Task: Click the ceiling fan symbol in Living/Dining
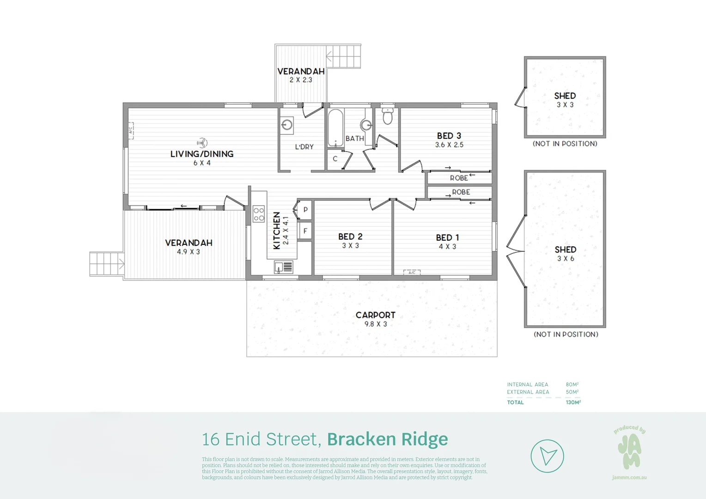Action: pos(202,142)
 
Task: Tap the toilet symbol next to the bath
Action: pos(387,116)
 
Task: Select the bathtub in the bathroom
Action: pos(335,128)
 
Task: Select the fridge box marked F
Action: pos(305,231)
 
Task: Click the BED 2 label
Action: pos(350,237)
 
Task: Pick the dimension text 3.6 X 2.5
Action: pos(449,145)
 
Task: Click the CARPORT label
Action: pos(375,315)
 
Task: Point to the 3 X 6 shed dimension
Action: pos(565,259)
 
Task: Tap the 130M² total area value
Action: pos(573,402)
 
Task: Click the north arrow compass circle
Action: pos(547,456)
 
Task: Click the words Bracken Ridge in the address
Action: pos(387,439)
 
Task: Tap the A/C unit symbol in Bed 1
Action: pos(412,273)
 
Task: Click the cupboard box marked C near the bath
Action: pos(335,159)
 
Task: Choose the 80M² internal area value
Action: pos(572,384)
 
